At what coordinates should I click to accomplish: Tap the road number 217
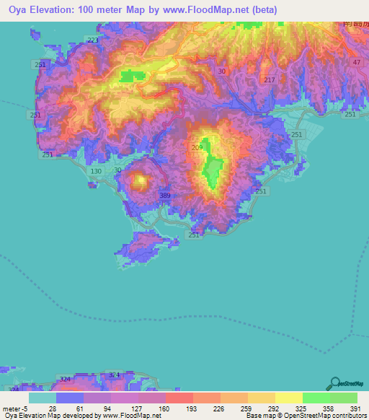[x=270, y=79]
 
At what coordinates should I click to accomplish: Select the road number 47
[x=356, y=64]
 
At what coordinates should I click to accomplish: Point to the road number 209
[x=197, y=148]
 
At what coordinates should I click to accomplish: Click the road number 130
[x=97, y=171]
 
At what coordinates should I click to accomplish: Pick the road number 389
[x=165, y=196]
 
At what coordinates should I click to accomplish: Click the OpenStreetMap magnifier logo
[x=337, y=383]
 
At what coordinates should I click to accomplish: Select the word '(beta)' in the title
[x=263, y=9]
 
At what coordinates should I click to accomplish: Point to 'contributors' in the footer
[x=347, y=416]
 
